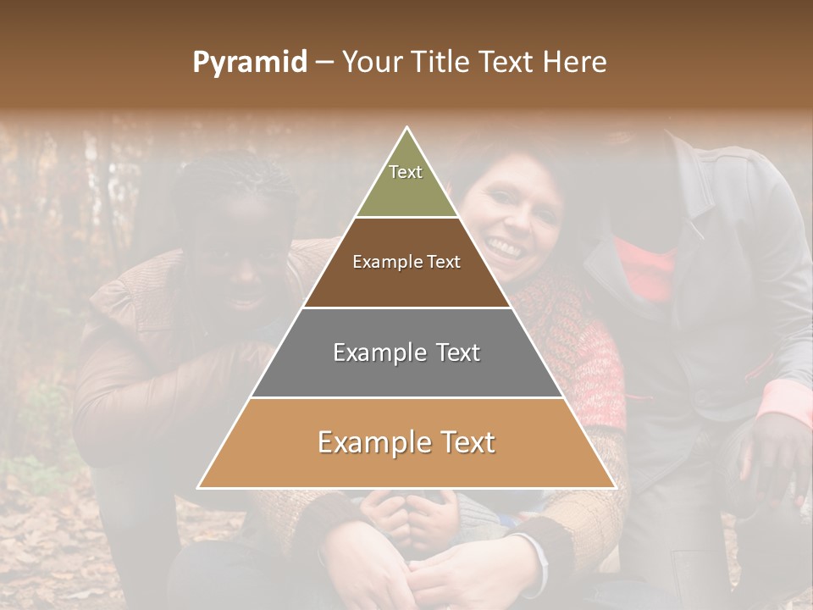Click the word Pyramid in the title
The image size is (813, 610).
click(249, 63)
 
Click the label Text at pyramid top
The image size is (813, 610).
click(406, 172)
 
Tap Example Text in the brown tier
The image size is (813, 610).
click(406, 262)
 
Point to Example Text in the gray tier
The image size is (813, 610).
click(406, 352)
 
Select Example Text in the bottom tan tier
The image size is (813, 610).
click(406, 442)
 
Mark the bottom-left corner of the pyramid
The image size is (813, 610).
click(199, 488)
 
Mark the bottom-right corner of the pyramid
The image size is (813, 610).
click(614, 488)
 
